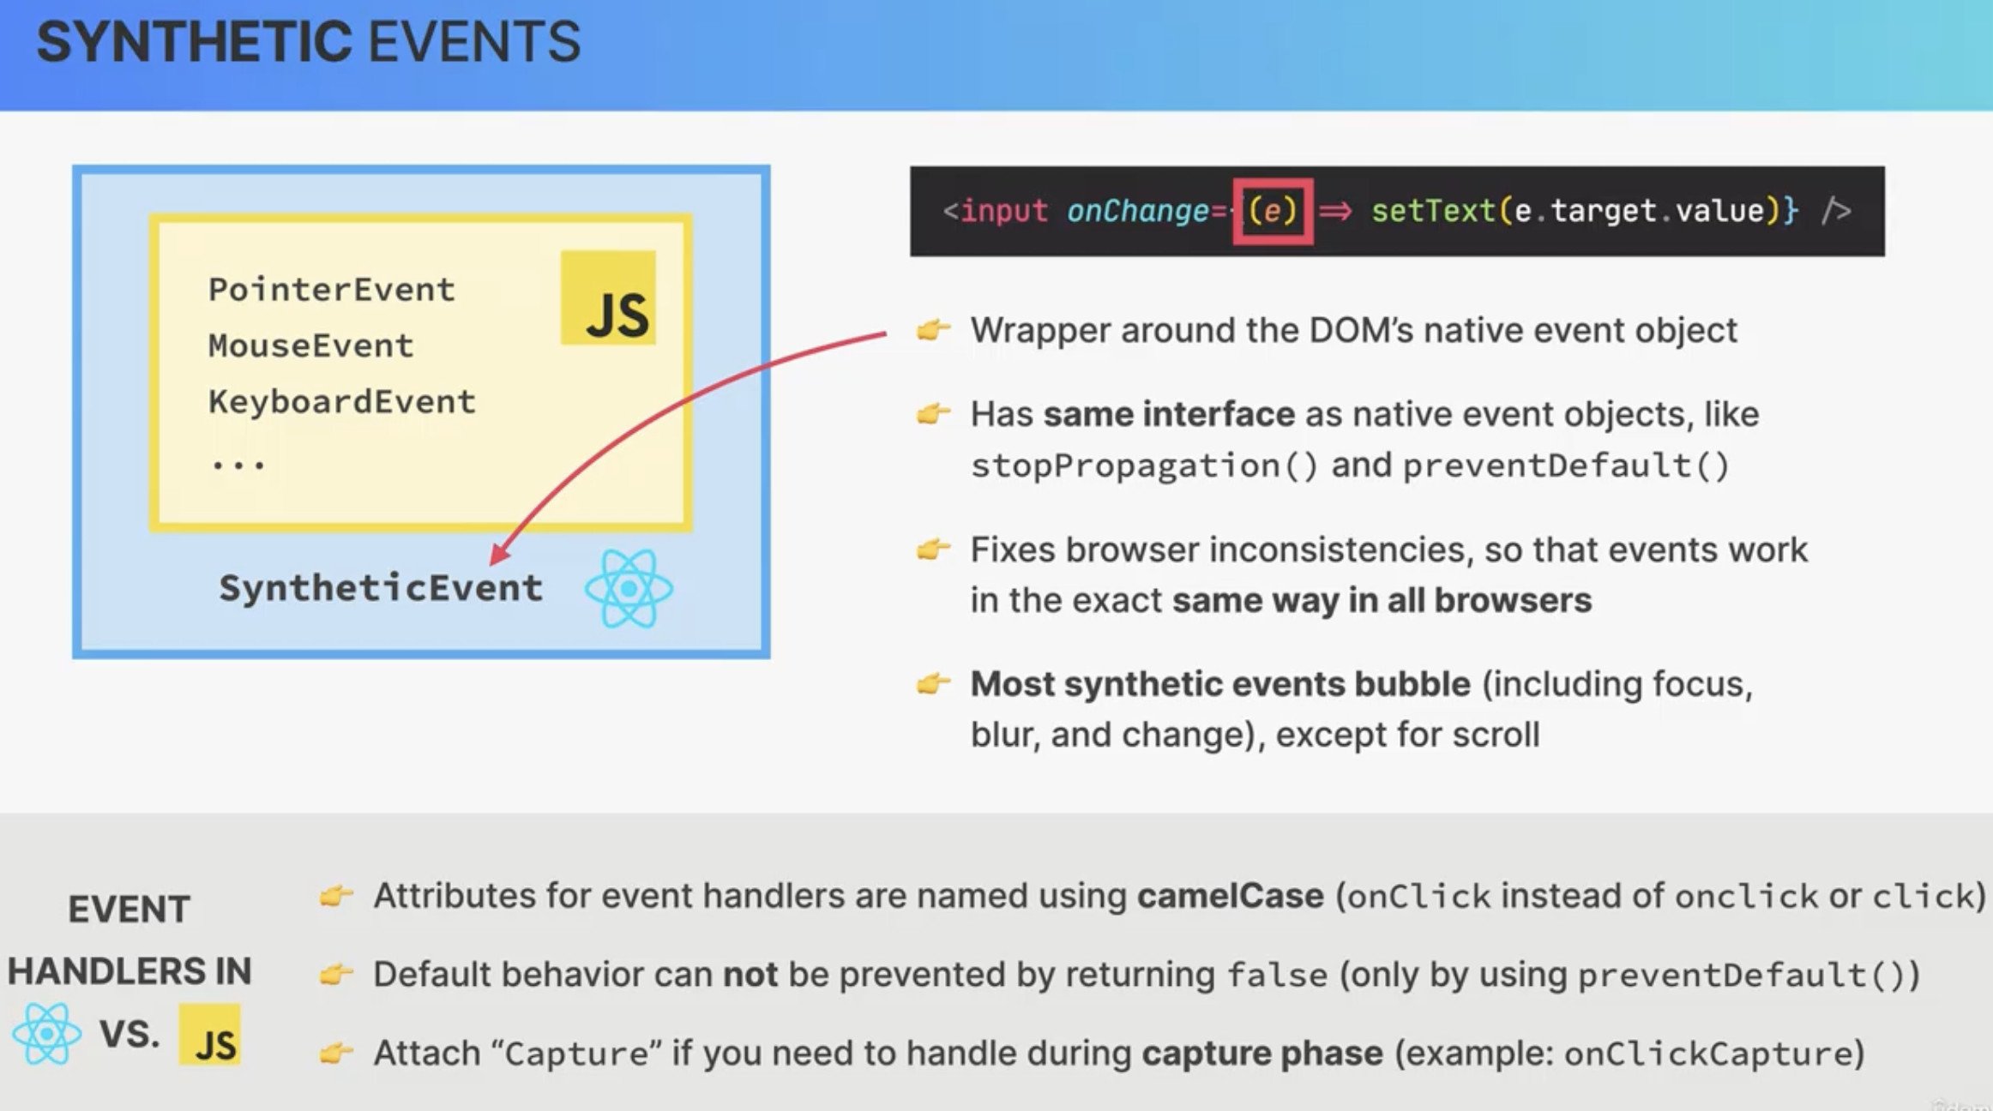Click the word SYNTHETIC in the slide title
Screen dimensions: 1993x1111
click(x=194, y=42)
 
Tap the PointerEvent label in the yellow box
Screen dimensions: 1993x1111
click(x=331, y=290)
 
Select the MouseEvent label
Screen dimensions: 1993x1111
click(x=310, y=345)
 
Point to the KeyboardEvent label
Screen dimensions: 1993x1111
click(x=341, y=402)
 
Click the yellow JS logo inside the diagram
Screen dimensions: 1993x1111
click(x=608, y=297)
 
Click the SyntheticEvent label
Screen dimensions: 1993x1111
click(x=381, y=588)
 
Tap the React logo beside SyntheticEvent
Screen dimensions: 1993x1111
click(x=629, y=588)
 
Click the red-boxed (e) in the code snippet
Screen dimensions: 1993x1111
click(x=1273, y=211)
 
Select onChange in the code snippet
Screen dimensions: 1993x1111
click(x=1138, y=211)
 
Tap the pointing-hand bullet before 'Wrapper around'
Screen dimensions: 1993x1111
click(x=934, y=329)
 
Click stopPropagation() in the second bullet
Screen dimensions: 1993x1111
click(x=1144, y=465)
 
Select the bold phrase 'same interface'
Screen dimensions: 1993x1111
click(x=1169, y=414)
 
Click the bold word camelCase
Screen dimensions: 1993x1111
click(x=1230, y=896)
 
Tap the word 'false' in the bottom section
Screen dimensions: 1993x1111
click(x=1277, y=975)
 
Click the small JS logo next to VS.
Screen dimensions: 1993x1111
click(x=210, y=1035)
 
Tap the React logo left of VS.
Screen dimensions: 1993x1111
click(x=47, y=1034)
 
